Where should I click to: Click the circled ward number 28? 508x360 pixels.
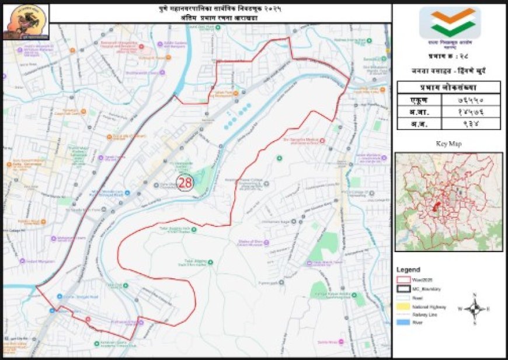click(185, 182)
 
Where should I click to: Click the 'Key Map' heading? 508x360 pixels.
click(448, 143)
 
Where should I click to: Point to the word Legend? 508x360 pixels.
click(408, 270)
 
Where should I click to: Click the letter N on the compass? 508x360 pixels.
click(475, 295)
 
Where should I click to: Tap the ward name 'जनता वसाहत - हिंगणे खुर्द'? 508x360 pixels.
click(448, 71)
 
